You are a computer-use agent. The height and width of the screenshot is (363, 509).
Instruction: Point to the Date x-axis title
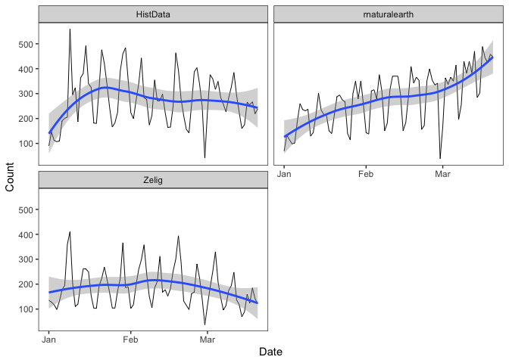coord(270,352)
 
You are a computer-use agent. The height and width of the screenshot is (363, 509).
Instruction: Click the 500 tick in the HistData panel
coord(24,45)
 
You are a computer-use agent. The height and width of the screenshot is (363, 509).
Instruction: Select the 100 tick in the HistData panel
coord(24,144)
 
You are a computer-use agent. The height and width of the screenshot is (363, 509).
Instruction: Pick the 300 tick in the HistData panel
coord(24,94)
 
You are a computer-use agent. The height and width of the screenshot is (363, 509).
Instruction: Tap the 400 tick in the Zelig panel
coord(24,235)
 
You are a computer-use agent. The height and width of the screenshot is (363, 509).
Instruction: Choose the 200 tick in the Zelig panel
coord(24,284)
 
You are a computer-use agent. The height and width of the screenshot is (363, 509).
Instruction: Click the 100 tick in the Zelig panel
coord(24,309)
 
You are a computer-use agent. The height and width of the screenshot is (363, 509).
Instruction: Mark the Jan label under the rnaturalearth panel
coord(285,174)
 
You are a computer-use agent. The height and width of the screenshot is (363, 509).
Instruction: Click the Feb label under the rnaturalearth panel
coord(366,174)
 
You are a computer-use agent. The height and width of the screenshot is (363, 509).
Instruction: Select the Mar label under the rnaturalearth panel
coord(442,174)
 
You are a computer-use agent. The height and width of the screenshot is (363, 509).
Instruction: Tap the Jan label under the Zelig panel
coord(49,340)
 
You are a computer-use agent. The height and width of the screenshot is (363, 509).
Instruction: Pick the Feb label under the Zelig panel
coord(130,340)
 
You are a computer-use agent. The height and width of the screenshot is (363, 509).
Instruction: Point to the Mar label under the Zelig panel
coord(207,340)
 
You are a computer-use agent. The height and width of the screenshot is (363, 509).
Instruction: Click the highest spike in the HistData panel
coord(70,29)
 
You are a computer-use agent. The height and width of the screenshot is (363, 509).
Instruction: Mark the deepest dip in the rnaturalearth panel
coord(440,158)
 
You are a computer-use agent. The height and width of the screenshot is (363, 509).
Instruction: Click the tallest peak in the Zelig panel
coord(70,231)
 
